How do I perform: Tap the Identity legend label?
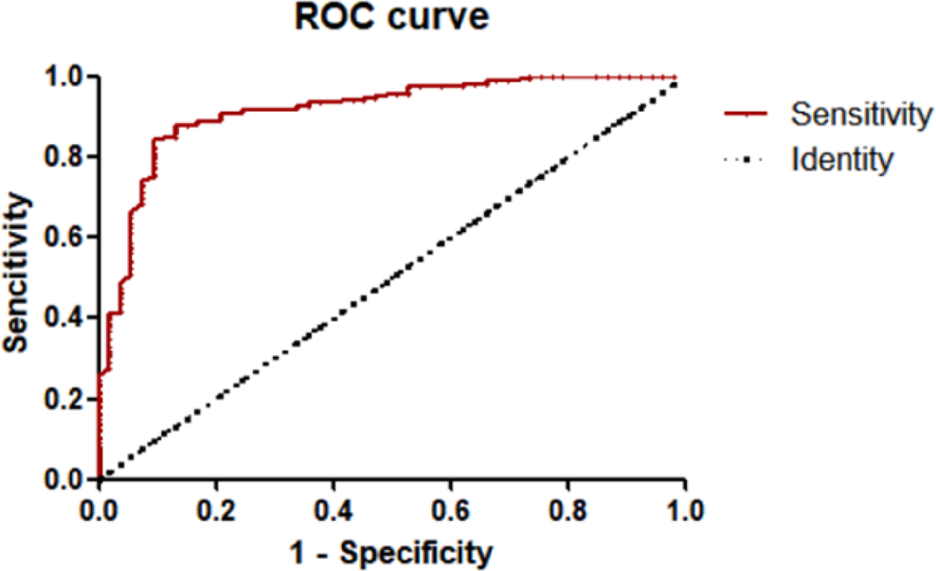pos(842,159)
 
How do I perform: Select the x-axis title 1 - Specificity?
pos(390,551)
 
